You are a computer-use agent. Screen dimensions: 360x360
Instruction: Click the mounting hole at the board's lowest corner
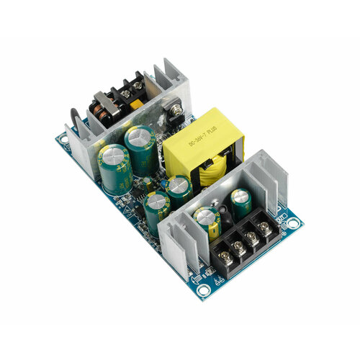204,292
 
